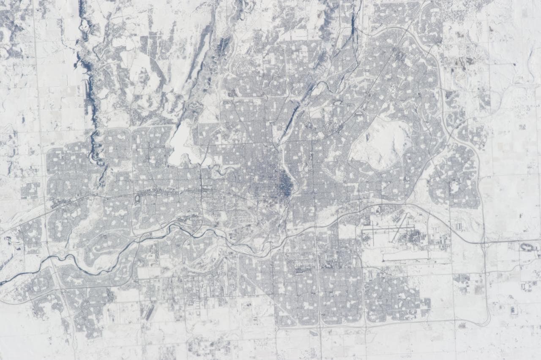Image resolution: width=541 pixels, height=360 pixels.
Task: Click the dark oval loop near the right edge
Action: pos(528,246)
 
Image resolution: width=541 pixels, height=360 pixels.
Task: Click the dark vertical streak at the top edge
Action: pos(353,17)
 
